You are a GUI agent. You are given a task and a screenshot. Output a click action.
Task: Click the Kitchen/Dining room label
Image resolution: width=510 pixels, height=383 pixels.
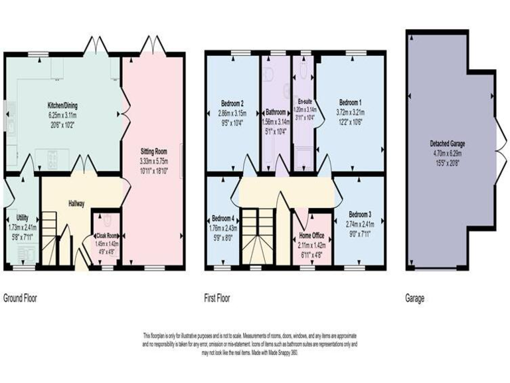click(64, 106)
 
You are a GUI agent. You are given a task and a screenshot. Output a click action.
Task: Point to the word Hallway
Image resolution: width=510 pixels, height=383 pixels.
click(75, 203)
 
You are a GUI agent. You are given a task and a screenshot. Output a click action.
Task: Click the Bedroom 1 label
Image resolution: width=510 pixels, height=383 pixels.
click(351, 103)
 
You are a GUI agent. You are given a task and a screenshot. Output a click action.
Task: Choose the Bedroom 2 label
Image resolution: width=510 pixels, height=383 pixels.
click(232, 104)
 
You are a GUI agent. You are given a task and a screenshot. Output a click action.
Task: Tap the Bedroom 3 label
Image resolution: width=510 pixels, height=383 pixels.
click(359, 214)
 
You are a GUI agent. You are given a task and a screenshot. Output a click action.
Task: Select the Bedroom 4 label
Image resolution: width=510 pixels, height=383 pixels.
click(222, 218)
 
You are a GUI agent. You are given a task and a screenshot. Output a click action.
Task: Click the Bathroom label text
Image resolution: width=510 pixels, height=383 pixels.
click(276, 112)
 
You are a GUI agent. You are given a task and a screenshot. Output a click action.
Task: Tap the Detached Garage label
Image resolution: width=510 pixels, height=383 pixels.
click(448, 144)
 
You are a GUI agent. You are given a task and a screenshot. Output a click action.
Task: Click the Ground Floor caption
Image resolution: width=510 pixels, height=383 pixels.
click(21, 299)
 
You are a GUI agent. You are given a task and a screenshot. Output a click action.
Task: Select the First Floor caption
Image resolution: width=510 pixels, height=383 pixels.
click(217, 299)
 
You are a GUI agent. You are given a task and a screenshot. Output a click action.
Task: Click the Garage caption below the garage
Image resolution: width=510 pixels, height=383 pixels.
click(414, 299)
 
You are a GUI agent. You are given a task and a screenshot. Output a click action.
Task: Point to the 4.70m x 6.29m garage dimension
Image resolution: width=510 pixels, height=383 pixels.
click(448, 152)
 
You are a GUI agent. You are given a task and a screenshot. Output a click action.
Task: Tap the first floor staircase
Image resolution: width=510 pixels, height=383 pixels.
click(258, 236)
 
